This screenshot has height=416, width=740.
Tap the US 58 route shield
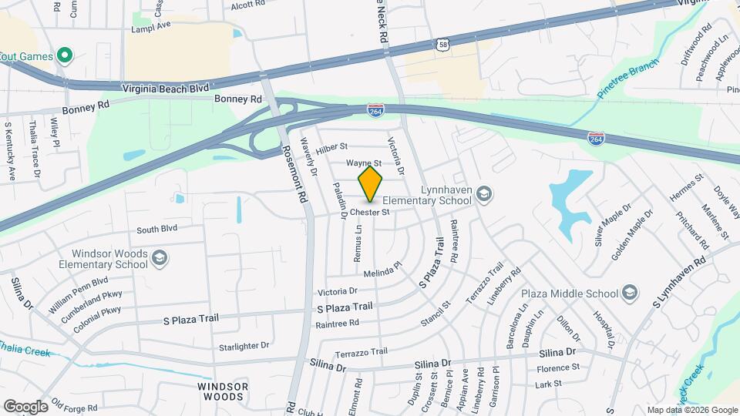(442, 46)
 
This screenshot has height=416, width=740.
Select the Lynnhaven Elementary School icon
(484, 193)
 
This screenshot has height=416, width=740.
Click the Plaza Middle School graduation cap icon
(630, 293)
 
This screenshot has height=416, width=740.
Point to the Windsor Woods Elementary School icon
(160, 257)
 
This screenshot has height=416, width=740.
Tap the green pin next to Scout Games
(65, 55)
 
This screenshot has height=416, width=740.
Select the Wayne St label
(363, 163)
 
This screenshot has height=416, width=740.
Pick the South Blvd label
(157, 229)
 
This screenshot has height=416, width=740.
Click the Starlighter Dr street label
(244, 346)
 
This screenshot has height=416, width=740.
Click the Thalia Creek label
(25, 351)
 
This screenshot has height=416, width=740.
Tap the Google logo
(26, 406)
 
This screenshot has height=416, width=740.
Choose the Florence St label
(557, 368)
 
